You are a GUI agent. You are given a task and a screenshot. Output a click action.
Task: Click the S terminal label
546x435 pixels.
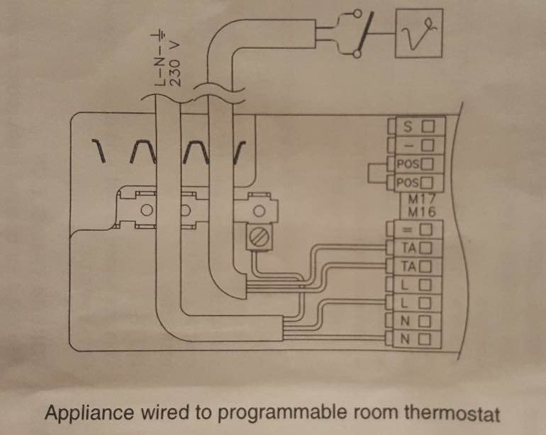coord(408,126)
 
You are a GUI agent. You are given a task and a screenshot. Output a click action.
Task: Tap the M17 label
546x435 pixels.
coord(422,199)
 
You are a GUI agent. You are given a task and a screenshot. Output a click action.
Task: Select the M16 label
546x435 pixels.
coord(422,212)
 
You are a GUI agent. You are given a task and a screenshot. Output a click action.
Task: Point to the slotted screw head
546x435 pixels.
coord(259,237)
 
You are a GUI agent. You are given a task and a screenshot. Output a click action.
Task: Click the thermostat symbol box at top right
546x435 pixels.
coord(419,33)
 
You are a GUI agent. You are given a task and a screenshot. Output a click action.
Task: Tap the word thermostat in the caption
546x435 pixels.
coord(452,413)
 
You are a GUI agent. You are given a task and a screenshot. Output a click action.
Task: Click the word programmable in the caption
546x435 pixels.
coord(282,414)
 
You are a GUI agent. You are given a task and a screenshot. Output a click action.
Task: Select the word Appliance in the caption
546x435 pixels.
coord(89,413)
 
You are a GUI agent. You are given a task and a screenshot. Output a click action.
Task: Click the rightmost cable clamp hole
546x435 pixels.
coord(258,210)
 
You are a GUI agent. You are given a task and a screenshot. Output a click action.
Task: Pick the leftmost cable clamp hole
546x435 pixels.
coord(147,210)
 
